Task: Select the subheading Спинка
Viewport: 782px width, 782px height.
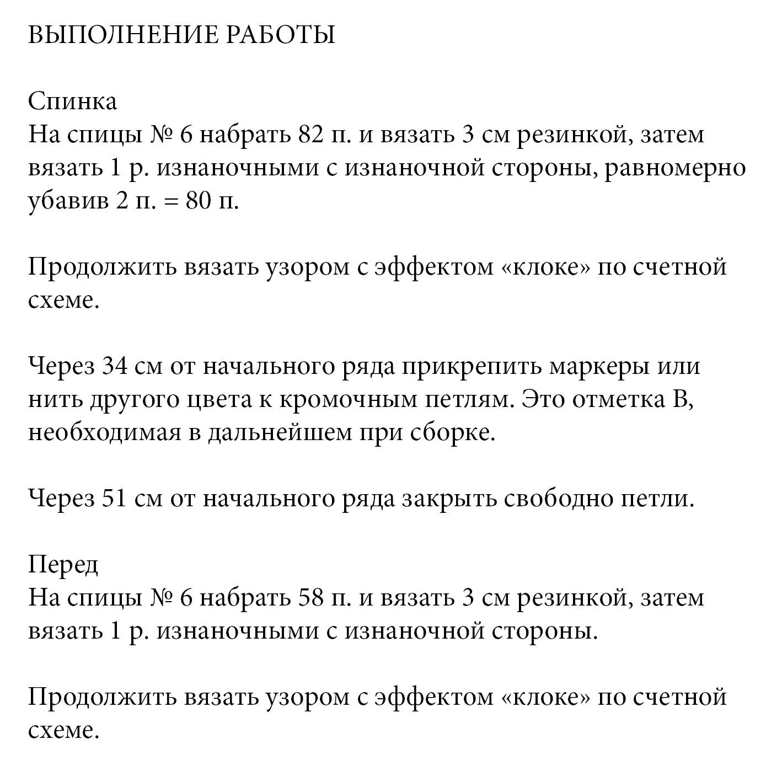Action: click(x=72, y=101)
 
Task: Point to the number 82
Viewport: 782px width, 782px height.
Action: click(x=310, y=135)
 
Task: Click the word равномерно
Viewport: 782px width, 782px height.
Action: click(x=675, y=168)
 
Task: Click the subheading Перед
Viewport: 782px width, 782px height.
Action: click(x=63, y=565)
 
